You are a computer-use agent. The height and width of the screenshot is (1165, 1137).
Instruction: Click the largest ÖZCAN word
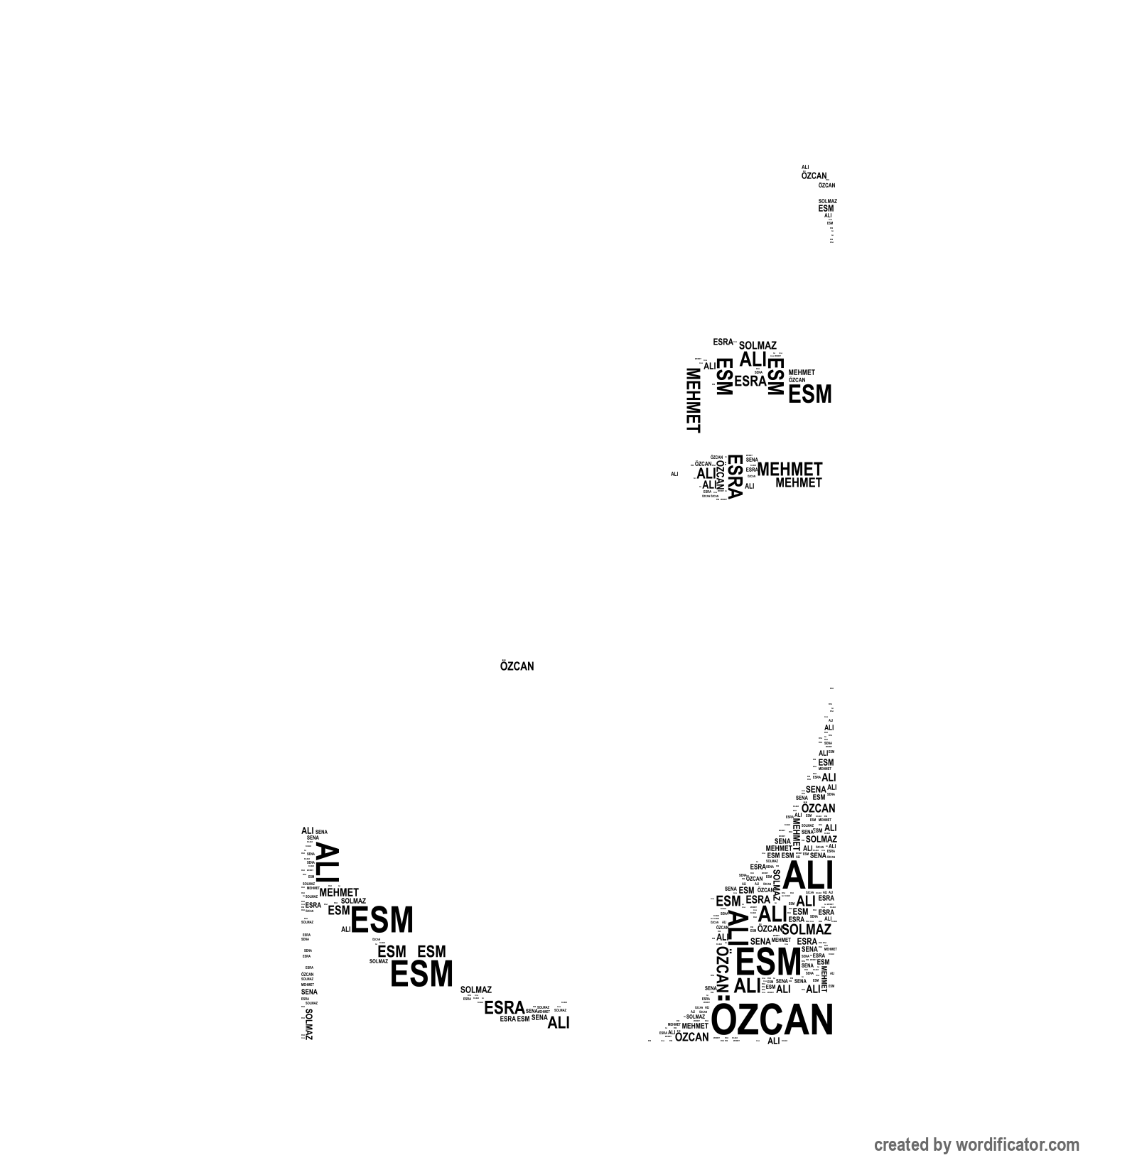[772, 1020]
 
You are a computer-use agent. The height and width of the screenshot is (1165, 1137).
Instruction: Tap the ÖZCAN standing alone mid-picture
[517, 666]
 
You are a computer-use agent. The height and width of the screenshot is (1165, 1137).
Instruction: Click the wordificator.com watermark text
[976, 1144]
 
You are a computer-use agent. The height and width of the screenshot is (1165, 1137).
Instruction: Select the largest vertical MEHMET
[693, 400]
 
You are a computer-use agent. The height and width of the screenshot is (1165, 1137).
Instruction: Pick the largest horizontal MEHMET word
[790, 470]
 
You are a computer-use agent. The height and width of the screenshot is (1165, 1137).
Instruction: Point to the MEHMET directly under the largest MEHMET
[798, 483]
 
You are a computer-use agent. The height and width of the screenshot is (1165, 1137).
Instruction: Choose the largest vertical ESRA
[735, 476]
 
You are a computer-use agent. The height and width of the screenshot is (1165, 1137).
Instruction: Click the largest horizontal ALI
[808, 874]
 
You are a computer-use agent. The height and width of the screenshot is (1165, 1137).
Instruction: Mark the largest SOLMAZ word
[806, 929]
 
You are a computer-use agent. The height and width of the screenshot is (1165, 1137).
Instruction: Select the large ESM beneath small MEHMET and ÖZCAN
[809, 394]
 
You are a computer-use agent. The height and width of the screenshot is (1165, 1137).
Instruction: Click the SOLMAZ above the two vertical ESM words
[758, 346]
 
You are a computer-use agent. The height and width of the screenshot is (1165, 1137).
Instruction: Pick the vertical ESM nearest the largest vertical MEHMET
[723, 376]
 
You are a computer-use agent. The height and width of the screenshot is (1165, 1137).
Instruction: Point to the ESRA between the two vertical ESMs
[750, 381]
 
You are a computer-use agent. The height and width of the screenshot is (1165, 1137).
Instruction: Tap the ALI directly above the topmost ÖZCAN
[805, 168]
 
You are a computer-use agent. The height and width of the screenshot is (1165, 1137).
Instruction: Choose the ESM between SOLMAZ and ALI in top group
[826, 209]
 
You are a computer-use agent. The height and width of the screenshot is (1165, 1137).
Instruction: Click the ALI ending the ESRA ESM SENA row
[559, 1024]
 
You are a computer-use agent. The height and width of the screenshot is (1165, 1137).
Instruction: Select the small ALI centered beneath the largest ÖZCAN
[774, 1041]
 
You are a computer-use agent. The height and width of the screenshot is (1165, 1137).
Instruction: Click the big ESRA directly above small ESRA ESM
[504, 1007]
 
